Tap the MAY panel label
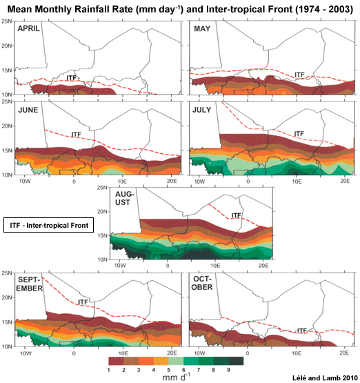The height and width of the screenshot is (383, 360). click(202, 30)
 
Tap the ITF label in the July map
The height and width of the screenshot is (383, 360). click(299, 134)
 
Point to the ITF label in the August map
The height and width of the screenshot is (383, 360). click(236, 215)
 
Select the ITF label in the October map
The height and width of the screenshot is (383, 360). click(301, 331)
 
